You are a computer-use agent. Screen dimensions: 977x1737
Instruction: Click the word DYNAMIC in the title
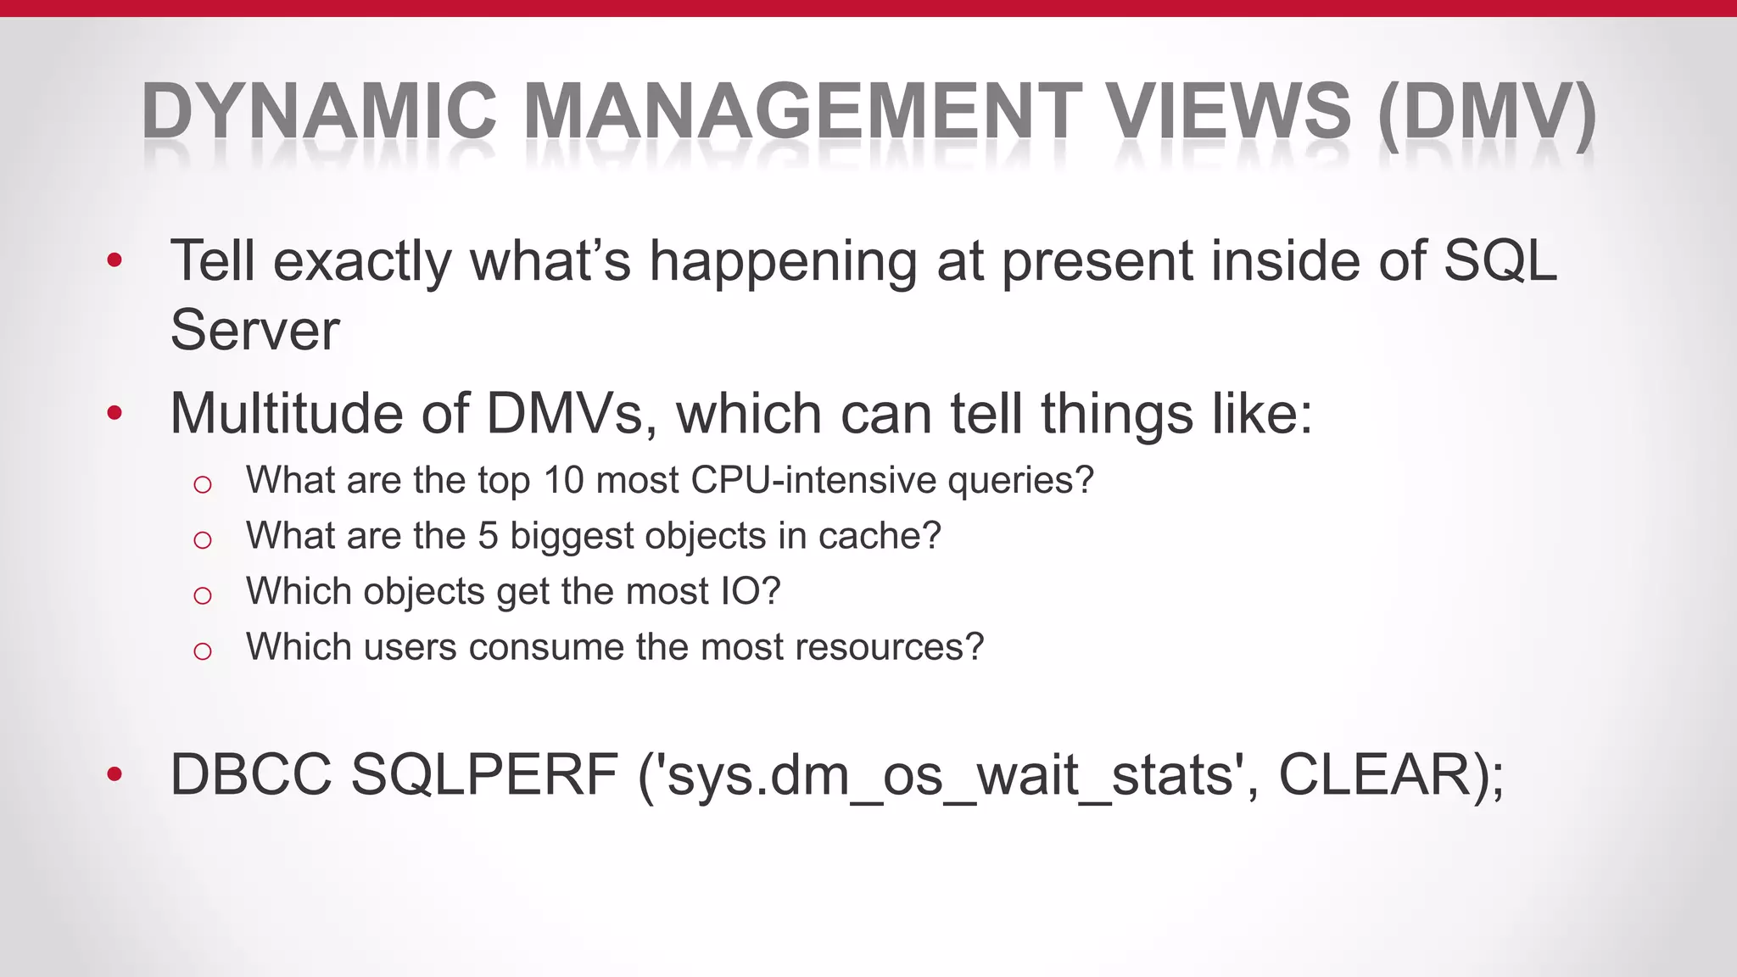(319, 110)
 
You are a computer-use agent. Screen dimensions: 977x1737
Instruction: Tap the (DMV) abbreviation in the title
(1487, 112)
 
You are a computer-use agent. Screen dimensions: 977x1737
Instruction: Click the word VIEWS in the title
(1231, 110)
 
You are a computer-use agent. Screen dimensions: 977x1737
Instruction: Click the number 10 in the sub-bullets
(564, 480)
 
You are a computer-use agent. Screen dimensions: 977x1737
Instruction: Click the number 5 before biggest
(488, 536)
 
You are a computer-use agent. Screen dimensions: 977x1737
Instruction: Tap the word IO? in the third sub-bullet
(750, 591)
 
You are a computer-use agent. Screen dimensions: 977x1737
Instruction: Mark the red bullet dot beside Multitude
(114, 415)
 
